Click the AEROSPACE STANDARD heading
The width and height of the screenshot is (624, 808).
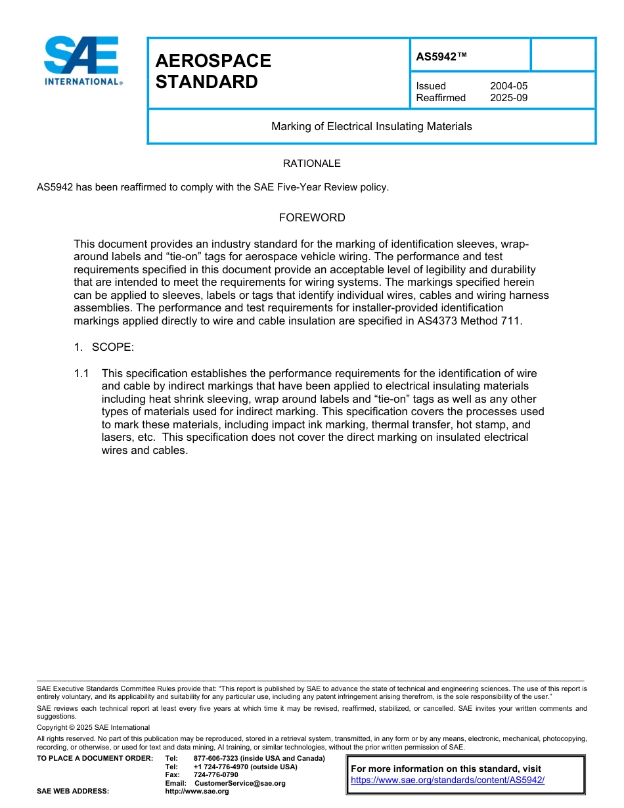click(213, 71)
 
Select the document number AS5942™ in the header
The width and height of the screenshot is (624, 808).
click(441, 57)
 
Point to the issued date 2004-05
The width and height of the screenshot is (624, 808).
click(508, 86)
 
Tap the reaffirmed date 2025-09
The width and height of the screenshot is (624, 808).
click(508, 98)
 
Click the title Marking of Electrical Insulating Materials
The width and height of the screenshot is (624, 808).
click(371, 126)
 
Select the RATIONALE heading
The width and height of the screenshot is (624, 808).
click(311, 164)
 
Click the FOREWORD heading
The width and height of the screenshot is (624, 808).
click(311, 217)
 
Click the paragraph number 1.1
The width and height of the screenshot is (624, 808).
click(81, 373)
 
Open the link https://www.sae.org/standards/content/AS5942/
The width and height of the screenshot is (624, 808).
click(447, 780)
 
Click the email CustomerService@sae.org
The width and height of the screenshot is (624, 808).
click(240, 783)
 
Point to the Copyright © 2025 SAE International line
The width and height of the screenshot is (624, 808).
click(93, 727)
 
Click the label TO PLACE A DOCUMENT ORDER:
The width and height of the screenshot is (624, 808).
click(95, 759)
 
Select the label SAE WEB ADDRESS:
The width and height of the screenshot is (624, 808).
click(73, 792)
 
